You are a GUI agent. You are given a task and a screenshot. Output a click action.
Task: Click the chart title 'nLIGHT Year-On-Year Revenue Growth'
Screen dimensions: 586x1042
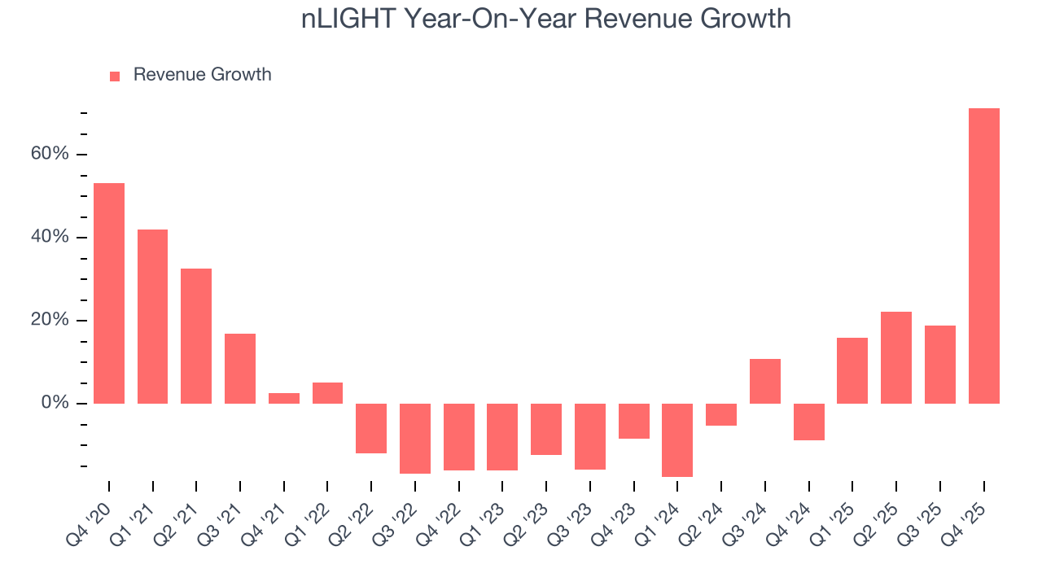(545, 18)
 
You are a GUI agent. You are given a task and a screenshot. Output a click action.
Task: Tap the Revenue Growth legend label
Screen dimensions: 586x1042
(202, 75)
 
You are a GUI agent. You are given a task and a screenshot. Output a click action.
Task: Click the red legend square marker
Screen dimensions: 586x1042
(115, 76)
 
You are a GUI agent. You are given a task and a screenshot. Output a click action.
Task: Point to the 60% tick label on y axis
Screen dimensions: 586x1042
(49, 155)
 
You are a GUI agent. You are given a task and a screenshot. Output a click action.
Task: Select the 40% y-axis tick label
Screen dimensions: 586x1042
(49, 238)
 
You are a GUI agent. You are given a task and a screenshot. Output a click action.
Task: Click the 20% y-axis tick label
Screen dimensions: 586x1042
(49, 321)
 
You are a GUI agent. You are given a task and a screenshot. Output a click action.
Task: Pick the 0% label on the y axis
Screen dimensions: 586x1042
(54, 404)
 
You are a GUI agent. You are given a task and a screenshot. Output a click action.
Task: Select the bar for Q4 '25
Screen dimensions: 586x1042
(983, 256)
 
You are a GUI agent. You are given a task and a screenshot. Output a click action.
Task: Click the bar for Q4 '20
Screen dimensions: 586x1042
(109, 293)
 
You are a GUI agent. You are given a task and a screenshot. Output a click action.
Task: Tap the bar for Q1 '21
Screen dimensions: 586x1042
(153, 317)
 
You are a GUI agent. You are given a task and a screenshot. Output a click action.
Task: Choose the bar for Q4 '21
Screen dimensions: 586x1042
(284, 398)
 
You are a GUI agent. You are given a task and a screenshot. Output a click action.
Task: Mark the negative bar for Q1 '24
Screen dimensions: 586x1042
(677, 439)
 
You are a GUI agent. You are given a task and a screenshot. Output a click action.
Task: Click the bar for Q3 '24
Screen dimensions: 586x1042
(765, 381)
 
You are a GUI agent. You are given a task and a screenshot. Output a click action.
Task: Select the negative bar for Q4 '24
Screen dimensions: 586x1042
(809, 422)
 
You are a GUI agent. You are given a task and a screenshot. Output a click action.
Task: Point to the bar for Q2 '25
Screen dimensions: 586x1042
(896, 357)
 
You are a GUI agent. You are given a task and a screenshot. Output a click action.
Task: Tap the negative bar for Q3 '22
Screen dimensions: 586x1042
(415, 438)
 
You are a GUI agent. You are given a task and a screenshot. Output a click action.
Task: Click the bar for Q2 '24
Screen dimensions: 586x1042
(721, 414)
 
